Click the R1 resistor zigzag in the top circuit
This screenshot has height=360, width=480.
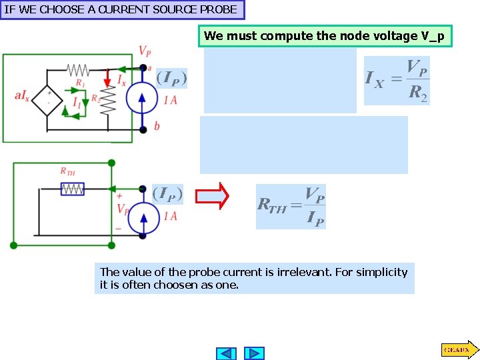pyautogui.click(x=78, y=69)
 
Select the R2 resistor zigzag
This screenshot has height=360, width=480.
pyautogui.click(x=111, y=99)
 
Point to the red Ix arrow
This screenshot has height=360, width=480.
pyautogui.click(x=107, y=79)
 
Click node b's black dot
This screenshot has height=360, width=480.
pyautogui.click(x=143, y=129)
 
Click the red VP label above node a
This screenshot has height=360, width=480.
pyautogui.click(x=145, y=51)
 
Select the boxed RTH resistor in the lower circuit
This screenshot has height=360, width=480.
pyautogui.click(x=73, y=189)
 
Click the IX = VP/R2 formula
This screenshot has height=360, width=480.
pyautogui.click(x=397, y=80)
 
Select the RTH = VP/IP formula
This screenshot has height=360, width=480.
pyautogui.click(x=291, y=207)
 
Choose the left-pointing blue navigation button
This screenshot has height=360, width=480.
pyautogui.click(x=227, y=353)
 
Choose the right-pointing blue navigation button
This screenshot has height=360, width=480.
pyautogui.click(x=254, y=353)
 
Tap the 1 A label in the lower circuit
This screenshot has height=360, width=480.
pyautogui.click(x=170, y=216)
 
